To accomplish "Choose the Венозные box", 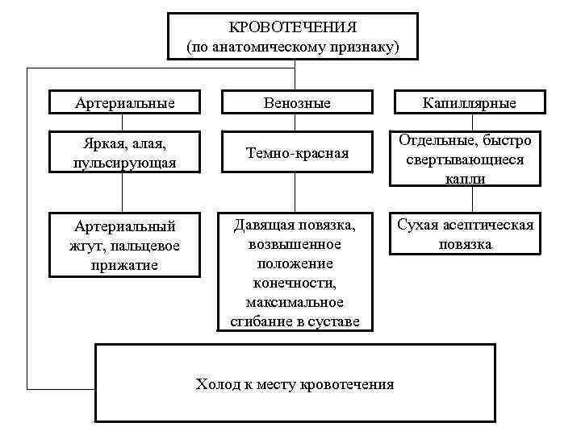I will pos(296,103).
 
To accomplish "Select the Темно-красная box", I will pos(296,153).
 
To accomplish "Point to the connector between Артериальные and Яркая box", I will pos(123,122).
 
